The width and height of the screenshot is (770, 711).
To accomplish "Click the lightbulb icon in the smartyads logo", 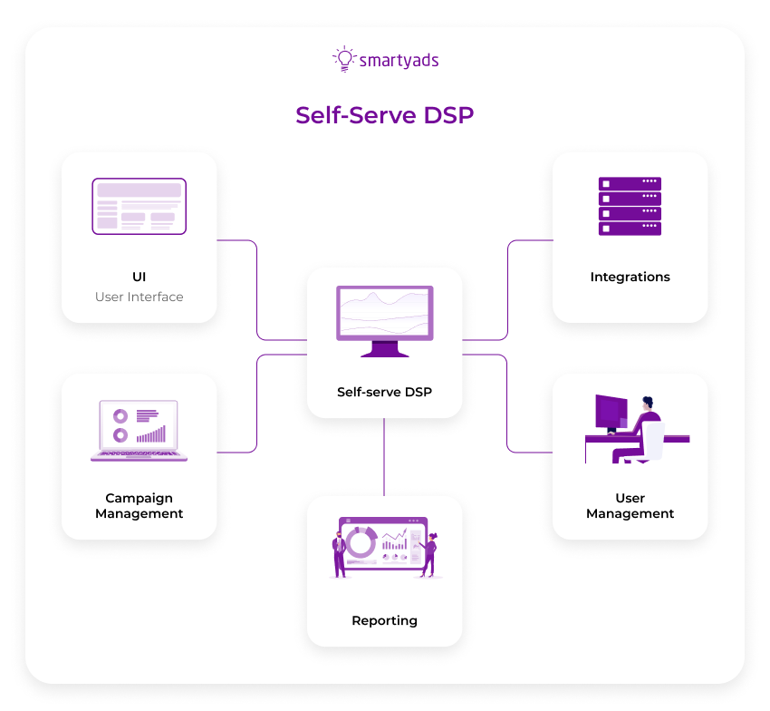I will click(343, 58).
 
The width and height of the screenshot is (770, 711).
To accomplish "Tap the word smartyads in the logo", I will click(399, 61).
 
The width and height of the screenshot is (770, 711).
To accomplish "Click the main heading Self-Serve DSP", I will click(384, 115).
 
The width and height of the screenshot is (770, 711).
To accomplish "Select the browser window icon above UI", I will click(139, 206).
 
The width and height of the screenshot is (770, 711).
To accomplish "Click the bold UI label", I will click(139, 277).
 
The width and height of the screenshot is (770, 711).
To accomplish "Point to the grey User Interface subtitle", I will click(139, 297).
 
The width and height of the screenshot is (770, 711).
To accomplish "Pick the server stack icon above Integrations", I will click(630, 206).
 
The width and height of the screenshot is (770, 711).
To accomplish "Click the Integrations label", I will click(630, 277).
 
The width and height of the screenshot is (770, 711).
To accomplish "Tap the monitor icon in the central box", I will click(384, 318).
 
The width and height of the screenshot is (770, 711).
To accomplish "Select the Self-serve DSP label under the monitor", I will click(384, 393).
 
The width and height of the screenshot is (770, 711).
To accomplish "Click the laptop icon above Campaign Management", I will click(139, 430).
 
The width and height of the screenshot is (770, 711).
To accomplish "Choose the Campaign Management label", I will click(139, 506).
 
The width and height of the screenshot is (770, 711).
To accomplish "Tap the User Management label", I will click(630, 506).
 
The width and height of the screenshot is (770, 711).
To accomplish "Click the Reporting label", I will click(384, 620).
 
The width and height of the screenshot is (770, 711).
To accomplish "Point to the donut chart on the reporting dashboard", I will click(361, 543).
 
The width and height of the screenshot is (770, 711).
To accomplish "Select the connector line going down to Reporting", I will click(384, 457).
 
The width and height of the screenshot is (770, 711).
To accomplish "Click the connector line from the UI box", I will click(257, 290).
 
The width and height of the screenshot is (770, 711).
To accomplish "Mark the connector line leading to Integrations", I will click(507, 290).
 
